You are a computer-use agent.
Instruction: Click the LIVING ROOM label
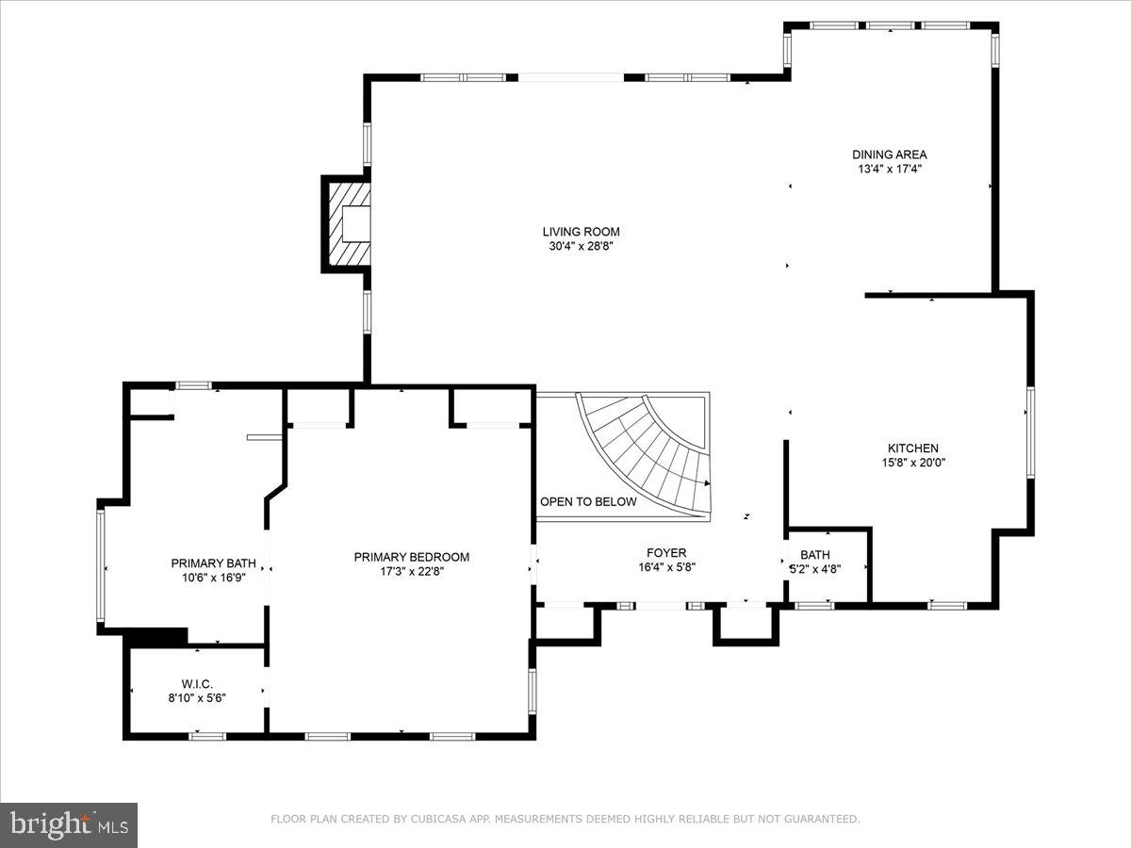(581, 232)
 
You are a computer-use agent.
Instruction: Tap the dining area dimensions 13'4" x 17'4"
(889, 170)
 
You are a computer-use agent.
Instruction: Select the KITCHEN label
(912, 448)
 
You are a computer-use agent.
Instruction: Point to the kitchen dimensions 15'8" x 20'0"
(912, 463)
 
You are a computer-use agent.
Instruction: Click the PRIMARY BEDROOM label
(411, 557)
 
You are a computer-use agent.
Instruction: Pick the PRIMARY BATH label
(213, 563)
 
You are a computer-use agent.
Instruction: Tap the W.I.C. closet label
(197, 683)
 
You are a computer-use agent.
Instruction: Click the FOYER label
(665, 553)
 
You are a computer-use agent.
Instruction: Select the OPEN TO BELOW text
(587, 501)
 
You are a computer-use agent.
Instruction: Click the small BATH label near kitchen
(814, 555)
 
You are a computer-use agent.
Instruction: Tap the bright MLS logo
(69, 825)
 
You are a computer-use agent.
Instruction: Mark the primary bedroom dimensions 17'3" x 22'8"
(411, 572)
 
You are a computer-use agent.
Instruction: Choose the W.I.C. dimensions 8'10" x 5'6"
(197, 698)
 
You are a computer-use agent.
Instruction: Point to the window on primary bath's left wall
(100, 565)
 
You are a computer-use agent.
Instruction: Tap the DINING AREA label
(889, 155)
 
